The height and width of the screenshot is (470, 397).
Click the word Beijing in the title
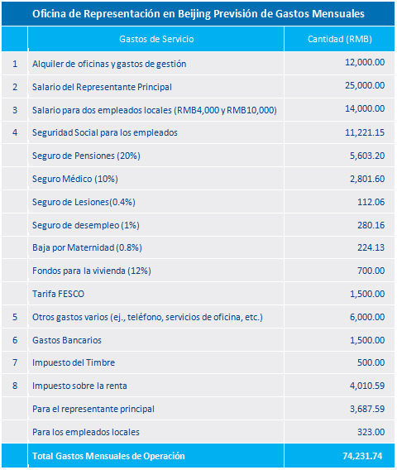194,14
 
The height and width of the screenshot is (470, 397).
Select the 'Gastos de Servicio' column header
156,39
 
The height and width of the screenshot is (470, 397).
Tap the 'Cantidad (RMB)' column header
340,39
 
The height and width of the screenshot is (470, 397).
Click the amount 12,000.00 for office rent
365,62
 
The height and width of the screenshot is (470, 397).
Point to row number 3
15,110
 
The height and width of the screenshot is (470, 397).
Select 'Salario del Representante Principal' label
102,87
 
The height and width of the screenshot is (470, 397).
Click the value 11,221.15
365,132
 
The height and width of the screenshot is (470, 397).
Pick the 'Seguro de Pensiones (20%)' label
86,156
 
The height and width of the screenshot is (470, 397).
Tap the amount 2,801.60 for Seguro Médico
367,179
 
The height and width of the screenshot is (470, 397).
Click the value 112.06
371,202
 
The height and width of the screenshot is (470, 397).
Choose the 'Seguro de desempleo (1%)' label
86,225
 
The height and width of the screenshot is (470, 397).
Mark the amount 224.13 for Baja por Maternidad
371,247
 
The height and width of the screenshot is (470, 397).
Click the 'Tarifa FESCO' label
58,294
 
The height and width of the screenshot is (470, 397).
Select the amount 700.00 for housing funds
371,271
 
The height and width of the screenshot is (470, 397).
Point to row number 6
15,340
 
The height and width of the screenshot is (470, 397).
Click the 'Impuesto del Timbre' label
74,362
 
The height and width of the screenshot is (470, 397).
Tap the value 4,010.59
367,386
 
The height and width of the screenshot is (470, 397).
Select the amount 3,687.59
367,409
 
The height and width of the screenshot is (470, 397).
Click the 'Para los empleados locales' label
86,432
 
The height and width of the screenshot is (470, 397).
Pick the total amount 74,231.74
362,456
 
